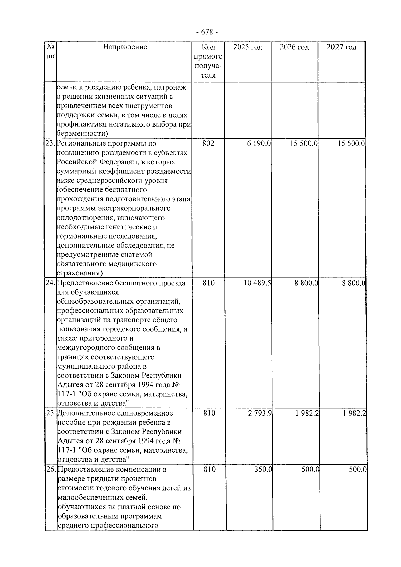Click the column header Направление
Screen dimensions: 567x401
(x=125, y=47)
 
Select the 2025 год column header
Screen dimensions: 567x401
(x=248, y=47)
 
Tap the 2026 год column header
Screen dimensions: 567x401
(x=294, y=47)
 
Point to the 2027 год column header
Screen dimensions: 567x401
(x=341, y=47)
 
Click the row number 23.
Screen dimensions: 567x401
(x=50, y=144)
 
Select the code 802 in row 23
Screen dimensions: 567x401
(x=208, y=144)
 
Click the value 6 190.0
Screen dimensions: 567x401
(x=259, y=144)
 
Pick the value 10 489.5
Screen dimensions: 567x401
(x=257, y=283)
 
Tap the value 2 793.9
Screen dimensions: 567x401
(x=260, y=413)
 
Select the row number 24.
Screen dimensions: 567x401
(x=51, y=283)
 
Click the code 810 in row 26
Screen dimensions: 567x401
(x=209, y=469)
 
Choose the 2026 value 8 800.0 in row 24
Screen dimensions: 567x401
(x=306, y=283)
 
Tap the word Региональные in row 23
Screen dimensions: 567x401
(x=79, y=144)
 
